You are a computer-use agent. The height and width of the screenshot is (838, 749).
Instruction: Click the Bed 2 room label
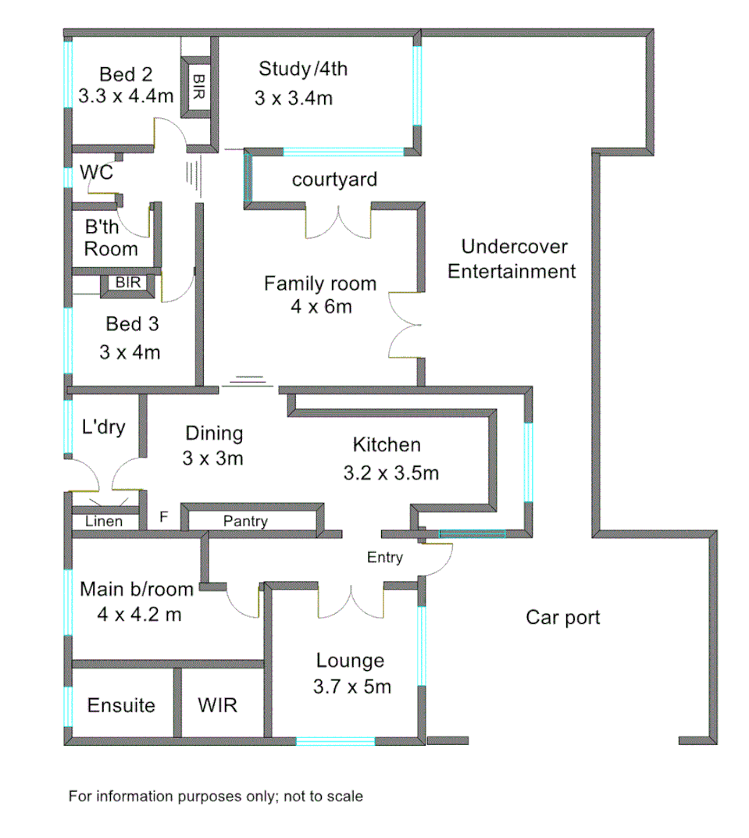tap(126, 75)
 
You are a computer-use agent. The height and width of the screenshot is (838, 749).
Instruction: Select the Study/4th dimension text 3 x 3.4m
tap(293, 98)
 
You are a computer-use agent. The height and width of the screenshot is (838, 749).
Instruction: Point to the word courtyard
tap(334, 180)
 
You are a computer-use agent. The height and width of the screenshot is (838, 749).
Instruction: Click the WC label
tap(97, 173)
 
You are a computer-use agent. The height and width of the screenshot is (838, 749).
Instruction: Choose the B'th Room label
tap(111, 239)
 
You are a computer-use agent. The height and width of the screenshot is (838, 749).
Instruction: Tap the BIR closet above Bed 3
tap(128, 283)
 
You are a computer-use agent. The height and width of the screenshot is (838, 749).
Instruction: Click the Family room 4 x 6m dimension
tap(319, 307)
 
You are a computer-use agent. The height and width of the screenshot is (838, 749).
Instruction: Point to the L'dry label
tap(103, 427)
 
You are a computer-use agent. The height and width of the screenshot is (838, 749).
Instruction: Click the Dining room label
tap(213, 433)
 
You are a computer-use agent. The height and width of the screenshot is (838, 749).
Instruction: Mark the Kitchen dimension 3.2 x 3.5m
tap(391, 473)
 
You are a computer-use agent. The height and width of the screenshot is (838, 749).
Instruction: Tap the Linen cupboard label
tap(104, 521)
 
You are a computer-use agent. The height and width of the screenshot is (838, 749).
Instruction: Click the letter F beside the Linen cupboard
tap(164, 517)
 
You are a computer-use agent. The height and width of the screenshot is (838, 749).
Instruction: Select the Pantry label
tap(245, 521)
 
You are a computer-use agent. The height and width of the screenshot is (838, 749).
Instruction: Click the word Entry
tap(385, 558)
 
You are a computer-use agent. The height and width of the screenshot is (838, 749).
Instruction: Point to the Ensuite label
tap(121, 705)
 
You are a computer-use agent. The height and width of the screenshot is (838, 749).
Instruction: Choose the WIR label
tap(217, 705)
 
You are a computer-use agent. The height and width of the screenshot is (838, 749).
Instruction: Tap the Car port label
tap(562, 618)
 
